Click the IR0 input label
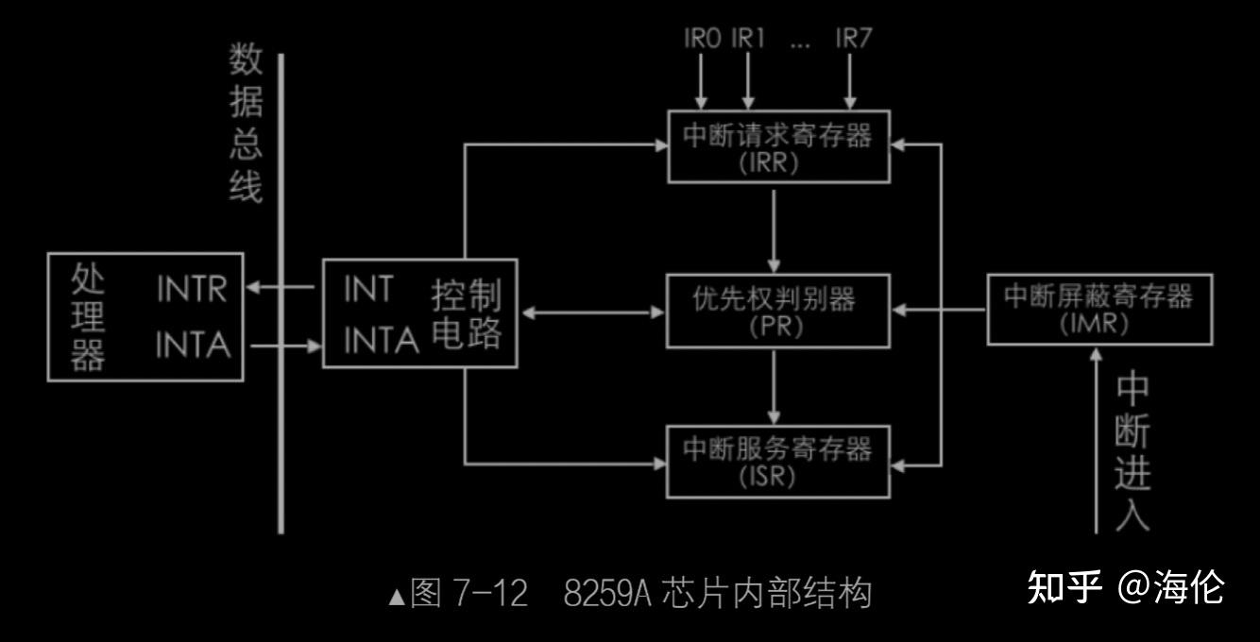coord(703,39)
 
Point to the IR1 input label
coord(748,39)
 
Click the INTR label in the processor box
coord(192,290)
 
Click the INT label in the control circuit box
coord(367,290)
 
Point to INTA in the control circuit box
coord(380,342)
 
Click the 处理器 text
coord(88,316)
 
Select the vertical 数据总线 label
coord(246,123)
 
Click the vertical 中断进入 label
coord(1132,451)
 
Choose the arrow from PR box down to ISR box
coord(775,386)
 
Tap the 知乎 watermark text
coord(1063,586)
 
